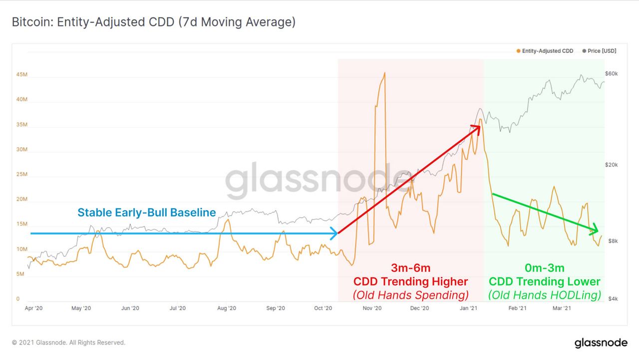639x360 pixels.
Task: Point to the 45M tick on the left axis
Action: click(x=22, y=74)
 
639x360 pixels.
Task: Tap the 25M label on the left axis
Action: click(x=22, y=174)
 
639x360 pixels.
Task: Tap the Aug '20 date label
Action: click(x=227, y=309)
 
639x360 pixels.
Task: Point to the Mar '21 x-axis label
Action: click(x=562, y=309)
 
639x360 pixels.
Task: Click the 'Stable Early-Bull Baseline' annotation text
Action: click(x=147, y=213)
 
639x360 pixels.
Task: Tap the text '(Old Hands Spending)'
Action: click(x=410, y=295)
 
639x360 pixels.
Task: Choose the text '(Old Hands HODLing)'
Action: click(x=544, y=295)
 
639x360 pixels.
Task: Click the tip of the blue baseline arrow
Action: click(x=337, y=233)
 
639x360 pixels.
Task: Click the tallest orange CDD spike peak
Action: click(x=384, y=73)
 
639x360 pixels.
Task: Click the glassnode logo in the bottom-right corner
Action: click(x=601, y=343)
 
